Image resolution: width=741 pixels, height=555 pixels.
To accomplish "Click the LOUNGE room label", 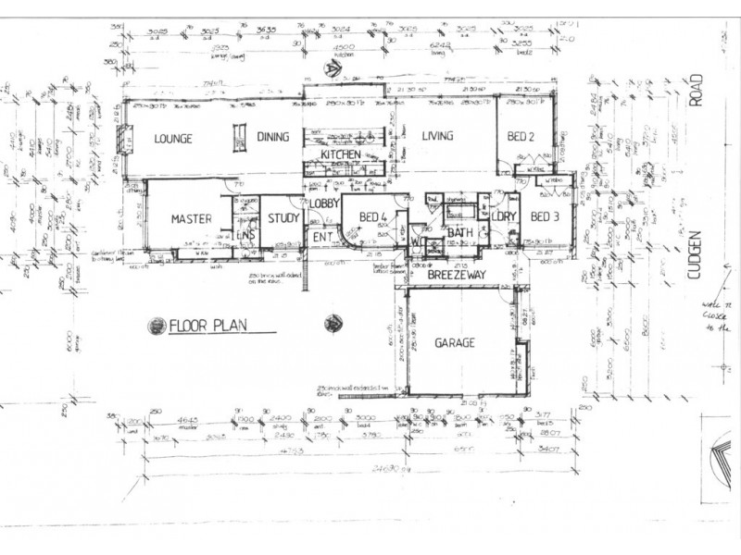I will point(173,139).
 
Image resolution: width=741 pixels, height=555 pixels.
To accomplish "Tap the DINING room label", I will point(273,138).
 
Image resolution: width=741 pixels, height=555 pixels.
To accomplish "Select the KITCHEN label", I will point(340,154).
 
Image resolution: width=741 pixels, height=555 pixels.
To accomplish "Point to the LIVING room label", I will point(437,137).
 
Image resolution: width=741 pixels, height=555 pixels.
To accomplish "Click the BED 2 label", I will point(521,137).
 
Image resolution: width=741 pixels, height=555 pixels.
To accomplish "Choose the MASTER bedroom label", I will point(192,219).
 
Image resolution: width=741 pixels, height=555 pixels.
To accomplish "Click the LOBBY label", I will point(325,203).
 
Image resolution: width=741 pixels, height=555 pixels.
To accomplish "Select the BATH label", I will point(460,232).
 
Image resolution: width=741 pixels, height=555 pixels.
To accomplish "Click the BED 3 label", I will point(546,217).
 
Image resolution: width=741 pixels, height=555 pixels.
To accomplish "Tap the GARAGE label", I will point(454,343).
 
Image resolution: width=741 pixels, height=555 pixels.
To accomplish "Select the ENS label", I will point(245,237).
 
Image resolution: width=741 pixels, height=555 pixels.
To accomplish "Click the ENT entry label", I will point(322,237).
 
